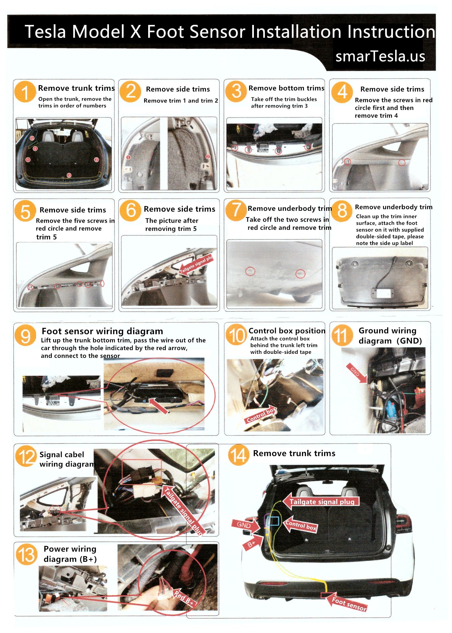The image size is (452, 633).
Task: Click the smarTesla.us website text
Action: [380, 57]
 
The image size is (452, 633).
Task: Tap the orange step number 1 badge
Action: [25, 92]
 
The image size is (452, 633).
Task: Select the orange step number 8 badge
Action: [342, 211]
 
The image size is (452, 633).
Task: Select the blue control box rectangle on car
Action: [273, 521]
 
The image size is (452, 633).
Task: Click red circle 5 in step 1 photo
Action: [32, 138]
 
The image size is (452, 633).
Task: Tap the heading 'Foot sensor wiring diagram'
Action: [102, 331]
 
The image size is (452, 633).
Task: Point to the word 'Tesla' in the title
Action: [46, 31]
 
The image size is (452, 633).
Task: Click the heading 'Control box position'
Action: [287, 331]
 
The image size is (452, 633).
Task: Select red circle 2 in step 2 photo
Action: [208, 157]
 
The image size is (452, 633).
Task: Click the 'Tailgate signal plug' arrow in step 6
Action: [196, 266]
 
